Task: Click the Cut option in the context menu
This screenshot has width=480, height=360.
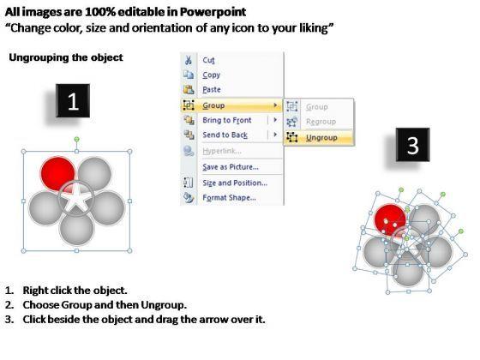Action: coord(208,60)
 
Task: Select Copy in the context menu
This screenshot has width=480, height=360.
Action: coord(211,75)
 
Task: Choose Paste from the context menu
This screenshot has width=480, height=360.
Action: coord(212,89)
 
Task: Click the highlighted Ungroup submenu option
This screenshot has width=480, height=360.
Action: coord(321,138)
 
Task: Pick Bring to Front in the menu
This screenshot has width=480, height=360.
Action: coord(227,120)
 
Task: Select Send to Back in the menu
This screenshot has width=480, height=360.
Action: coord(225,135)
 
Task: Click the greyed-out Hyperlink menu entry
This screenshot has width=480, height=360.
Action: coord(222,151)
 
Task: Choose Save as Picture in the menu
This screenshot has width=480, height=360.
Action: coord(231,167)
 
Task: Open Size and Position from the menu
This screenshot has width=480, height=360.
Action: coord(235,183)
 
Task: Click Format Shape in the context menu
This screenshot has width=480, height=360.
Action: coord(230,197)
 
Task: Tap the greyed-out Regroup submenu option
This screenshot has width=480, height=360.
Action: coord(321,122)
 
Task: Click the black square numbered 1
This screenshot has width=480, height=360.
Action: coord(73,101)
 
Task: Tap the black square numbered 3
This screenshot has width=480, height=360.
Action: coord(412,145)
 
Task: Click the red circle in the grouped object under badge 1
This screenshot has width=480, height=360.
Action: coord(58,173)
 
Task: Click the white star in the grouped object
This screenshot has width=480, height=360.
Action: coord(75,198)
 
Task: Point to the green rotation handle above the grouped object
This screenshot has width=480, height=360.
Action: coord(77,140)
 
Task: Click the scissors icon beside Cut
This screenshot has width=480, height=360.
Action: coord(189,60)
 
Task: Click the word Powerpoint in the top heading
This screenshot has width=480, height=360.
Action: coord(213,12)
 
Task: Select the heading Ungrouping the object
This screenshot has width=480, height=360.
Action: coord(66,57)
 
